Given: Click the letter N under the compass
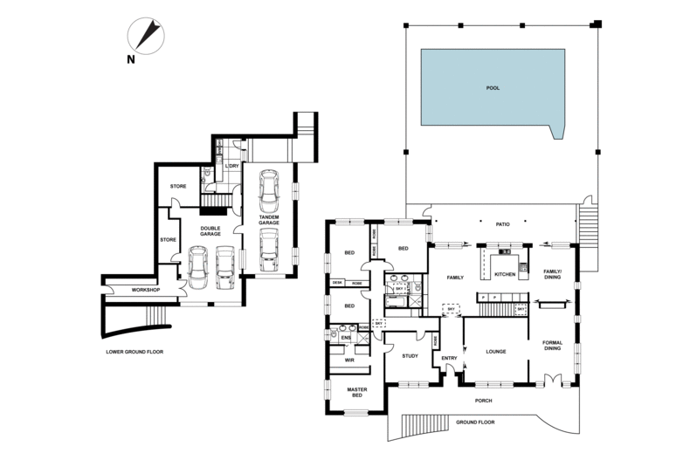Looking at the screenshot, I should tap(130, 59).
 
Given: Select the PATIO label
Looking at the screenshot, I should tap(502, 225).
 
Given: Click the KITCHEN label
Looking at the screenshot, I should tap(506, 275).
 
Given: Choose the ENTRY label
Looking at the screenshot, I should tap(450, 358).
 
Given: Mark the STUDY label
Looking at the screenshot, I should tap(411, 356).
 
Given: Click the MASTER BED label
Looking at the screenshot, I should tap(357, 393).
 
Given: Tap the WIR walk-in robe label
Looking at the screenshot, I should tap(349, 360).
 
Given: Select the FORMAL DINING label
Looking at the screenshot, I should tap(552, 346).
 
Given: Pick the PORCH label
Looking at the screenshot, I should tap(484, 401).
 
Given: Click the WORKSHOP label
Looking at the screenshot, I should tap(145, 290).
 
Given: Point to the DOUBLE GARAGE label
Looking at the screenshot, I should tap(210, 231).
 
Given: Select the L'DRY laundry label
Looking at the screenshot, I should tap(232, 166).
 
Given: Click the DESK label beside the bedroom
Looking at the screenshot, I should tap(337, 283).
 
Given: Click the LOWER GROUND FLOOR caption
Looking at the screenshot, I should tap(134, 352).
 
